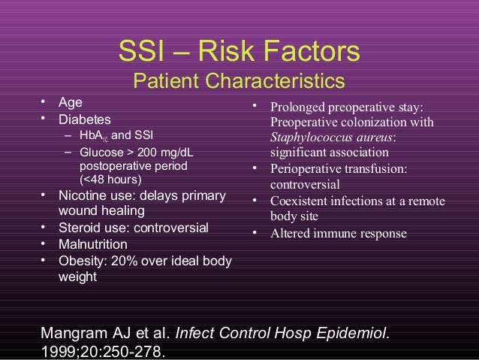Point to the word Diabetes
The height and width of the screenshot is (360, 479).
tap(84, 119)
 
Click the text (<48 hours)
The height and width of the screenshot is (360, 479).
tap(110, 180)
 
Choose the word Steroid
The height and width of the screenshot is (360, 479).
tap(79, 228)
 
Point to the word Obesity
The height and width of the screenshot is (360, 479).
tap(81, 262)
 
